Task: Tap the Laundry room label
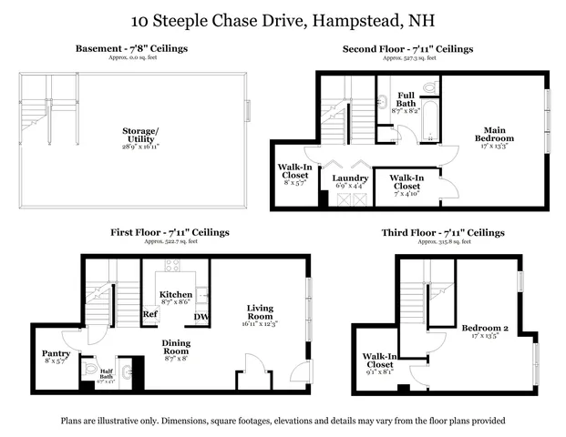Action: pos(350,178)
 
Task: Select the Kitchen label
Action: pos(175,295)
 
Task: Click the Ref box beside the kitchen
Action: pos(150,315)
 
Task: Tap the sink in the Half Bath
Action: pos(128,371)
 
